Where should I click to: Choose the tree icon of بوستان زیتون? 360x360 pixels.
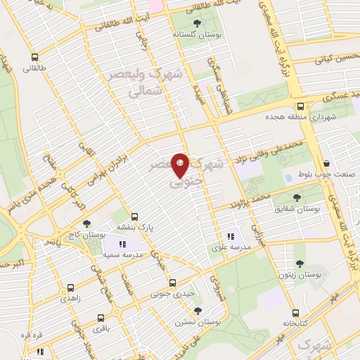tap(300, 264)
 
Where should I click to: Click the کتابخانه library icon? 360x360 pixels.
tap(295, 313)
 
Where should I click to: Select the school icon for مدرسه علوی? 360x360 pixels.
tap(230, 236)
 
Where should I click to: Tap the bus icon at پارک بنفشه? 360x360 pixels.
tap(136, 217)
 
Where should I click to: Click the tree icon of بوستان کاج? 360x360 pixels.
tap(86, 224)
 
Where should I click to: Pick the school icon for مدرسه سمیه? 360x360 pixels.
tap(122, 244)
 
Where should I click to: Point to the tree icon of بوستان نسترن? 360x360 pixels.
tap(197, 309)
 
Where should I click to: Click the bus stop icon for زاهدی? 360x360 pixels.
tap(70, 288)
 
